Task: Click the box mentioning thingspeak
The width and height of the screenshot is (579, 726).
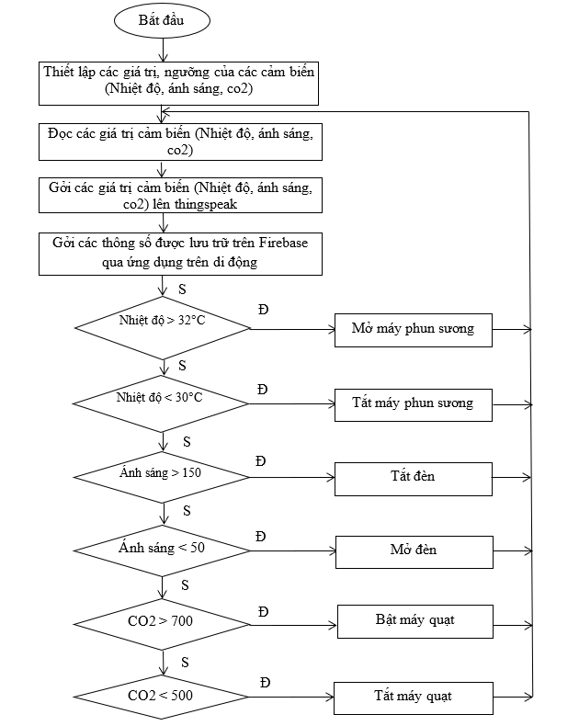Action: tap(180, 195)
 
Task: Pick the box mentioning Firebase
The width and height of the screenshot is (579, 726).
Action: tap(180, 253)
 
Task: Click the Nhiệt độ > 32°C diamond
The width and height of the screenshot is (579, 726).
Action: tap(161, 323)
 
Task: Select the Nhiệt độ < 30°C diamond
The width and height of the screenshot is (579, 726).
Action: tap(161, 399)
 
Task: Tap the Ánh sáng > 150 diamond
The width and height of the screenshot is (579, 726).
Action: tap(161, 475)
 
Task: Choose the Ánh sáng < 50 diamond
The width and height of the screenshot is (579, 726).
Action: tap(161, 550)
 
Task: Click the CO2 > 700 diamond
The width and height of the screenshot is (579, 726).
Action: tap(161, 622)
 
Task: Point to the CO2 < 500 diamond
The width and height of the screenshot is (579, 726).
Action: tap(161, 696)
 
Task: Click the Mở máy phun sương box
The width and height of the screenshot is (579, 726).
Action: tap(413, 328)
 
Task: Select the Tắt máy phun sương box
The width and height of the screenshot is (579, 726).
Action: tap(413, 403)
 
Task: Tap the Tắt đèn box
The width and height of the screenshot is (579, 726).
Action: tap(413, 477)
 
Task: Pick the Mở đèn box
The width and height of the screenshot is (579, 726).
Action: tap(413, 550)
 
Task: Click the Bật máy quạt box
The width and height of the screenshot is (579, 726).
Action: tap(414, 620)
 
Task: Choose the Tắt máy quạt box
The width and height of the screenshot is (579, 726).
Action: tap(413, 696)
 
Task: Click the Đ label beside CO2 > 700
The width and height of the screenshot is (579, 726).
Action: tap(264, 611)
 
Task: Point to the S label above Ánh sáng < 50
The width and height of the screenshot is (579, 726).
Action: tap(187, 510)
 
